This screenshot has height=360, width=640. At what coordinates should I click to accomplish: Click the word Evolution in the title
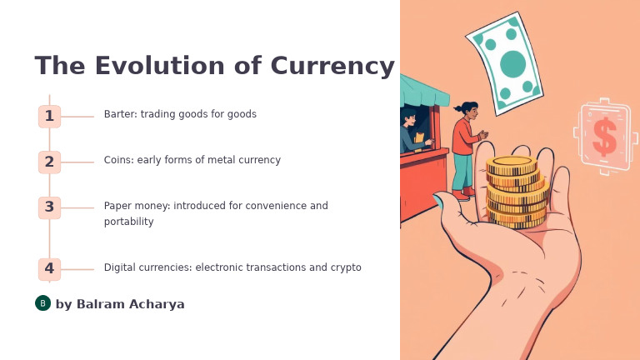pyautogui.click(x=147, y=66)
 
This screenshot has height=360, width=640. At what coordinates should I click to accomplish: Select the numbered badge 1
pyautogui.click(x=49, y=117)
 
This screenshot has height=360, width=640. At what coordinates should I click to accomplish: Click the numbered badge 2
pyautogui.click(x=49, y=162)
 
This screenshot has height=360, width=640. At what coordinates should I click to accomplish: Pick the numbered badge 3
pyautogui.click(x=49, y=207)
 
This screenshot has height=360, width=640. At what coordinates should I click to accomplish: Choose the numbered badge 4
pyautogui.click(x=49, y=269)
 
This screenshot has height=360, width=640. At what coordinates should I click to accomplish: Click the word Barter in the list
pyautogui.click(x=119, y=114)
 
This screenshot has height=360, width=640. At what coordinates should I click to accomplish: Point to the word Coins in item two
pyautogui.click(x=118, y=160)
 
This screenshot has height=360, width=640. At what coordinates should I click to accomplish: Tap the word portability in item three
pyautogui.click(x=129, y=222)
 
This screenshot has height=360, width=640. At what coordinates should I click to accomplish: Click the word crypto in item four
pyautogui.click(x=346, y=267)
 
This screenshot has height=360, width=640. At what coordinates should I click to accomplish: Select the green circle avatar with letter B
pyautogui.click(x=42, y=303)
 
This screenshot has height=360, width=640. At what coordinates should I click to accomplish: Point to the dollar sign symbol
pyautogui.click(x=605, y=137)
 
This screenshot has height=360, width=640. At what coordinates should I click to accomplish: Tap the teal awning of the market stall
pyautogui.click(x=422, y=90)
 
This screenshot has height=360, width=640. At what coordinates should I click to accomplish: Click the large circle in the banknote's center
pyautogui.click(x=512, y=64)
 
